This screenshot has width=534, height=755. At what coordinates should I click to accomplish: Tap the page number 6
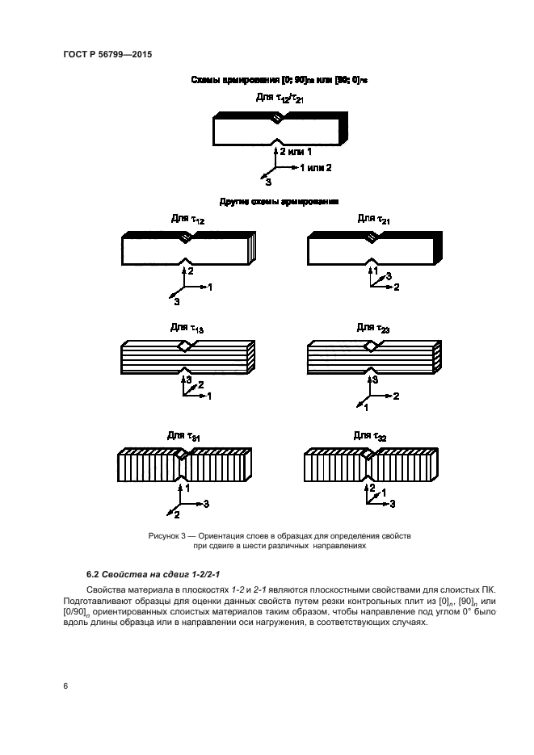[65, 686]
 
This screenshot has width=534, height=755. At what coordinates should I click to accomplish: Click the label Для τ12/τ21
[279, 99]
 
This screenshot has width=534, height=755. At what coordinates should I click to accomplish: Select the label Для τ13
[187, 327]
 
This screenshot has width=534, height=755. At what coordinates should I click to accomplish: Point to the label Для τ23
[374, 327]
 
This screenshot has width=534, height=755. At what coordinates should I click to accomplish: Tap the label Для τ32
[371, 435]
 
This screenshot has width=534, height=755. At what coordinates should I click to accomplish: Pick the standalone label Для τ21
[374, 219]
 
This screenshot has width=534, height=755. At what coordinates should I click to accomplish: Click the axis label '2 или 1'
[296, 151]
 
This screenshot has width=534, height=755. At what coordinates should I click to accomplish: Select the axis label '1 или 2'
[315, 167]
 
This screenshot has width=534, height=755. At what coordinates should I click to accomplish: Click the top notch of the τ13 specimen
[187, 346]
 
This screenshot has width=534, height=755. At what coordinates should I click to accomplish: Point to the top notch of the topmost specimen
[277, 119]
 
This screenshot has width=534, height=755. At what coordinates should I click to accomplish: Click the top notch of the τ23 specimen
[372, 346]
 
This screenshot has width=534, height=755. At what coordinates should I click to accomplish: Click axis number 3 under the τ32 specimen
[393, 503]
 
